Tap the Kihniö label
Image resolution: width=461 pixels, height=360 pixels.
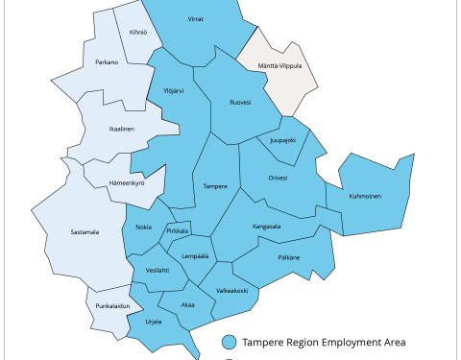137,32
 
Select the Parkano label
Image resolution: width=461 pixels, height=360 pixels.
107,63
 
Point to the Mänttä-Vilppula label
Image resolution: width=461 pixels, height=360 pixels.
279,66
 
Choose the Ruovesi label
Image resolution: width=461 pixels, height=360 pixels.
240,102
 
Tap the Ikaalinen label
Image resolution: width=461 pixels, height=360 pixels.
120,129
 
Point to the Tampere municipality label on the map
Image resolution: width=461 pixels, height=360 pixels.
216,186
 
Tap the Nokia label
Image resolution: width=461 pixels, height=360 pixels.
143,227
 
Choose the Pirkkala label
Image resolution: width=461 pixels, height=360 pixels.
178,230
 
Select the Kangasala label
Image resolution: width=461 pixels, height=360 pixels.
266,227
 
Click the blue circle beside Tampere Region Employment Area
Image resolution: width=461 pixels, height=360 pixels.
229,342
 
